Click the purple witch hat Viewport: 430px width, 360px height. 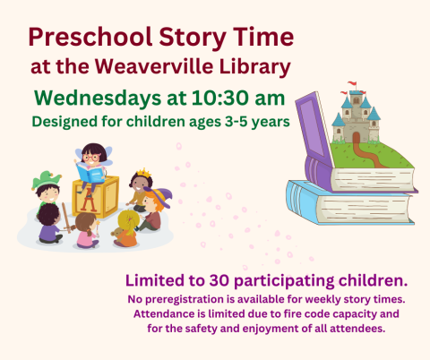click(154, 197)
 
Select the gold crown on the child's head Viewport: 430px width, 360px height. click(140, 177)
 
